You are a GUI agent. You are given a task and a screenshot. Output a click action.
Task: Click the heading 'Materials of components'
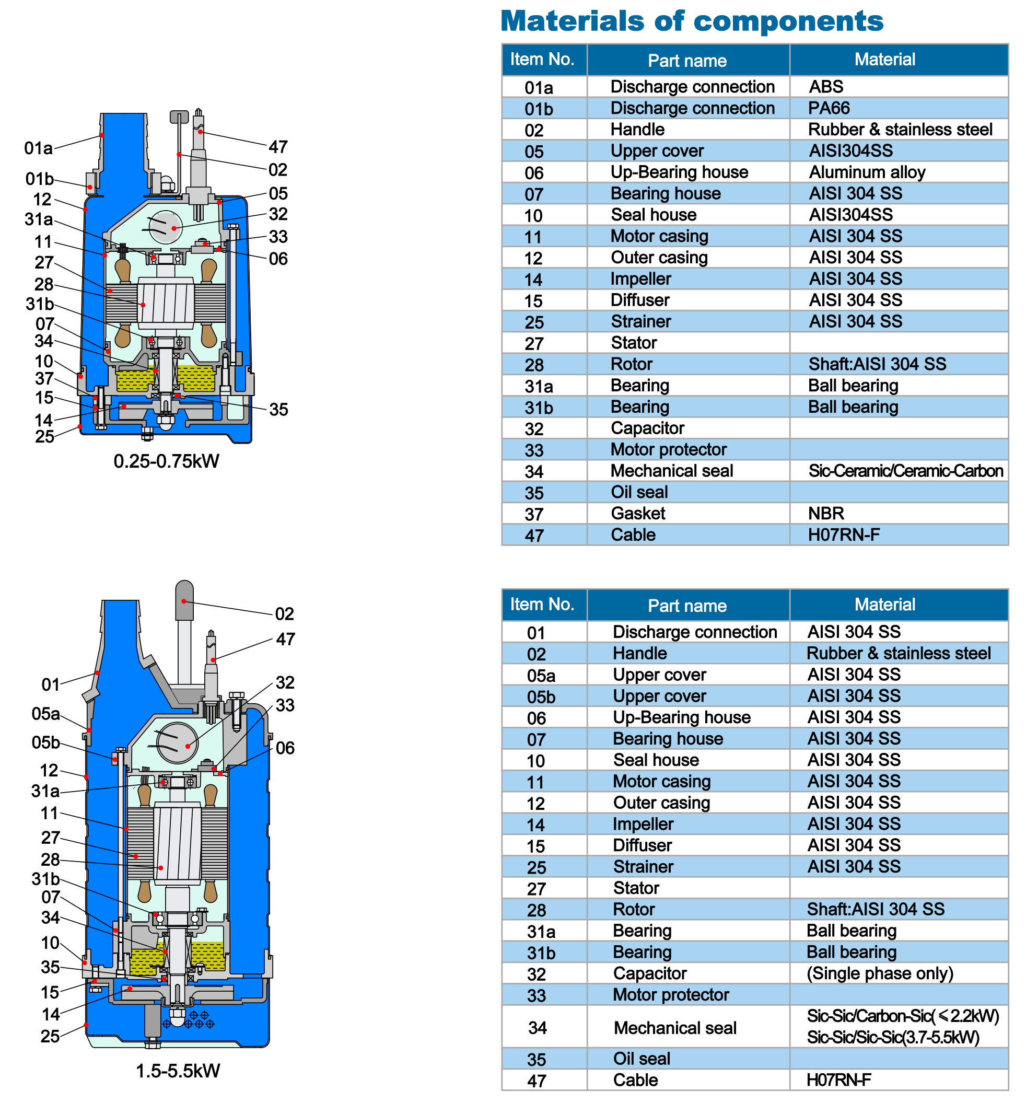pyautogui.click(x=691, y=21)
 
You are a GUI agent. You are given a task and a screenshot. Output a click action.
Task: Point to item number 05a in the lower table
pyautogui.click(x=541, y=675)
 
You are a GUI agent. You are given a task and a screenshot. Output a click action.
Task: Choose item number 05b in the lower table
pyautogui.click(x=541, y=696)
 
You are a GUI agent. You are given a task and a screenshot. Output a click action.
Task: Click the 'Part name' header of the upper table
pyautogui.click(x=687, y=61)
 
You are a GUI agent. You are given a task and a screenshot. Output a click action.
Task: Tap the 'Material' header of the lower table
pyautogui.click(x=884, y=604)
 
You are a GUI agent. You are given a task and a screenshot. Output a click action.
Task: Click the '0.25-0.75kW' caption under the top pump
pyautogui.click(x=166, y=461)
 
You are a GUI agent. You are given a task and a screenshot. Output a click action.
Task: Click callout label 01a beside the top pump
pyautogui.click(x=38, y=148)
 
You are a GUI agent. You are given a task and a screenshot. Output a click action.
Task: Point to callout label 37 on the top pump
pyautogui.click(x=44, y=379)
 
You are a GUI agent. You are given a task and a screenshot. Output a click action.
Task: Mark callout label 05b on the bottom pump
pyautogui.click(x=45, y=742)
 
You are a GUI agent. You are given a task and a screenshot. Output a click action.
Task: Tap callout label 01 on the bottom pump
pyautogui.click(x=51, y=684)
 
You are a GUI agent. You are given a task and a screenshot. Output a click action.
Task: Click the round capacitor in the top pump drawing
pyautogui.click(x=165, y=227)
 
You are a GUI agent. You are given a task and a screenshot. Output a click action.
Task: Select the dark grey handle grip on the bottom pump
pyautogui.click(x=184, y=600)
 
